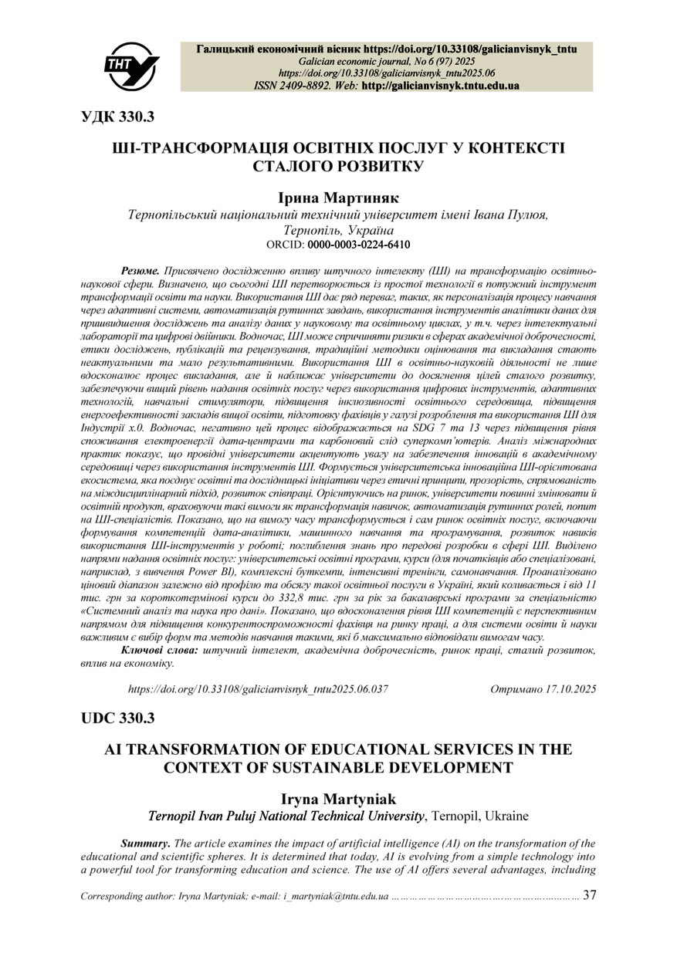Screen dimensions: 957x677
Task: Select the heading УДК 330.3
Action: pos(118,117)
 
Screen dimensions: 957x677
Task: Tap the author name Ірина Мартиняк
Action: pos(338,198)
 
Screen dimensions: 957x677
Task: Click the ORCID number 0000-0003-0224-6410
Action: pos(359,245)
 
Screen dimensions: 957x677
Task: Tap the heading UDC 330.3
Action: pos(118,718)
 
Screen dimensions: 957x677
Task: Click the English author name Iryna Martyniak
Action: pos(338,799)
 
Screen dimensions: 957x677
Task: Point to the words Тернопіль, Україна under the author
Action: pos(338,231)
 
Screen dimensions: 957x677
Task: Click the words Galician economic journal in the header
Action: pos(347,61)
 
